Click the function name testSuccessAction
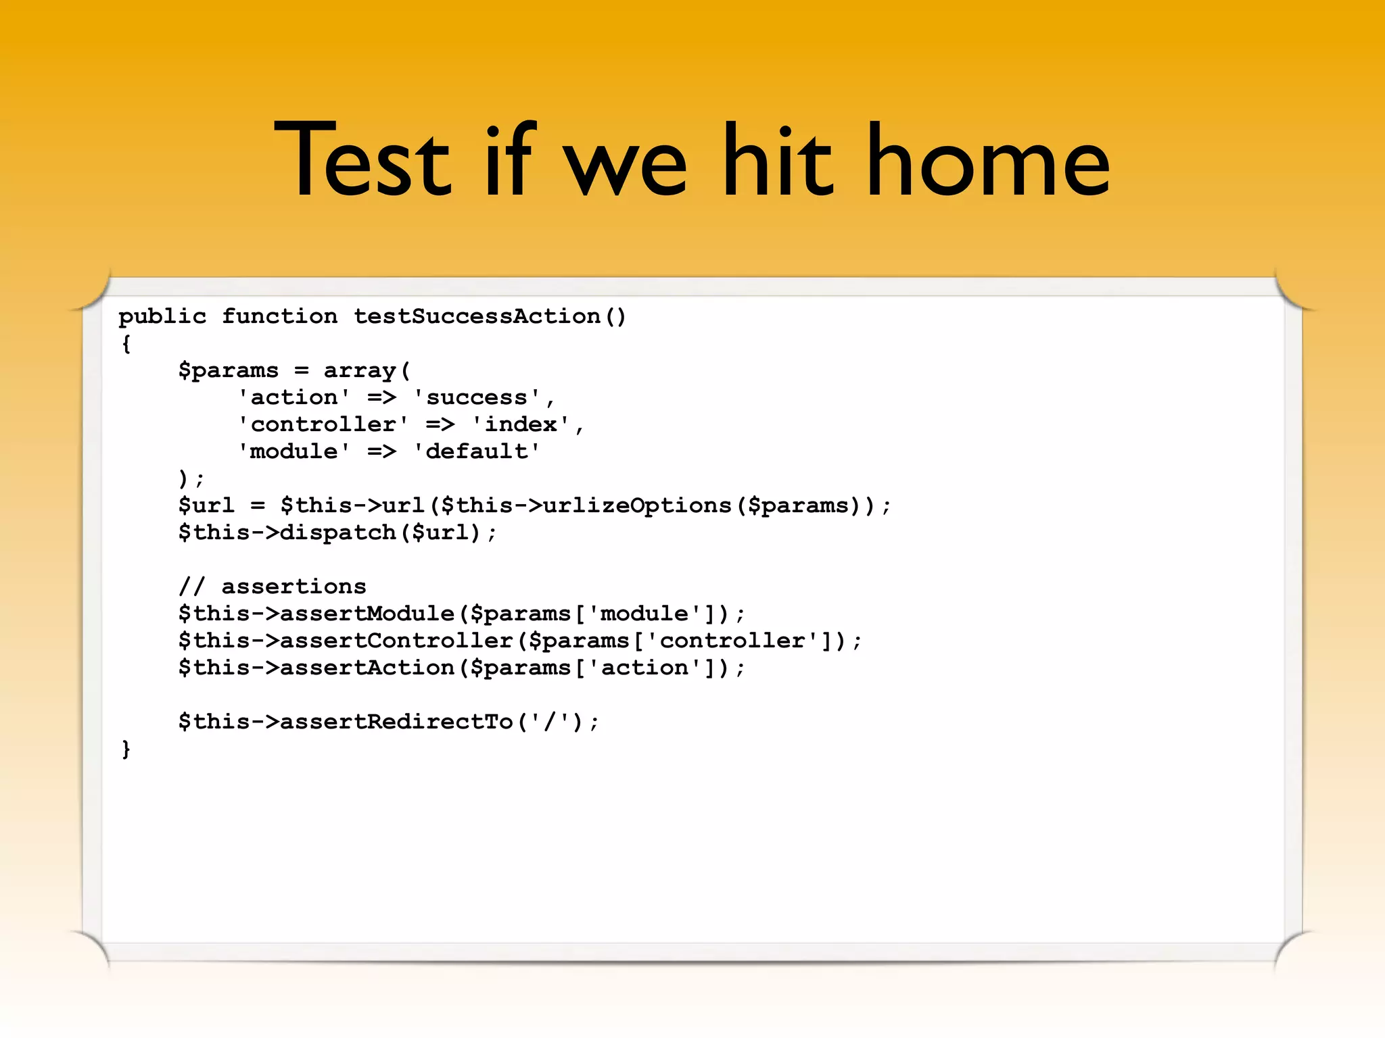(x=477, y=316)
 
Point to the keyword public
(x=162, y=316)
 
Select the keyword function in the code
(x=279, y=316)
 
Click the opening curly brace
(x=126, y=343)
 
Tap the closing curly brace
(x=126, y=749)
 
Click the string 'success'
(x=477, y=397)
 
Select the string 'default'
(x=477, y=451)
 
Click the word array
(x=359, y=370)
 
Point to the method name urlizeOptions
(x=637, y=505)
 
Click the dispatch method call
(x=337, y=533)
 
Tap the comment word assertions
(x=294, y=587)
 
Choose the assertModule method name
(x=367, y=614)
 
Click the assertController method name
(x=396, y=641)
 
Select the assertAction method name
(x=367, y=668)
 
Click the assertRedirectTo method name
(x=396, y=722)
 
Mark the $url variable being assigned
(x=206, y=505)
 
